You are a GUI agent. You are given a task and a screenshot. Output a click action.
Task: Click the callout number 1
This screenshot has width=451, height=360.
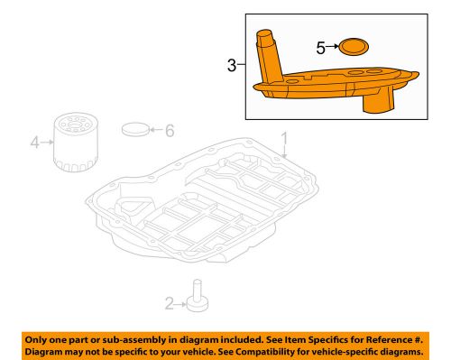click(283, 139)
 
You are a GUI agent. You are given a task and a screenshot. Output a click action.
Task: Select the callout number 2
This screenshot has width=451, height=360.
click(169, 302)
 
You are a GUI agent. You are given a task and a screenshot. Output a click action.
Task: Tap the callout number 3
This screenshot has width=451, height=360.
click(232, 66)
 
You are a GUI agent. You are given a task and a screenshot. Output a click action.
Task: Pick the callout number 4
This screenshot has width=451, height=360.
click(34, 141)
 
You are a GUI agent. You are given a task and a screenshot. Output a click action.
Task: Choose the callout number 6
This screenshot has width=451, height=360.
click(168, 130)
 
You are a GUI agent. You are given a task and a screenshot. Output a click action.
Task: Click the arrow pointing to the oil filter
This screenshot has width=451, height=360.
click(46, 141)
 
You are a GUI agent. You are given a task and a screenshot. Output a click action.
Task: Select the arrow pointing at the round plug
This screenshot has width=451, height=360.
click(155, 130)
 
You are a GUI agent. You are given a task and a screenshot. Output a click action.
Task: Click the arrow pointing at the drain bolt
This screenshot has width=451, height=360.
click(180, 302)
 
